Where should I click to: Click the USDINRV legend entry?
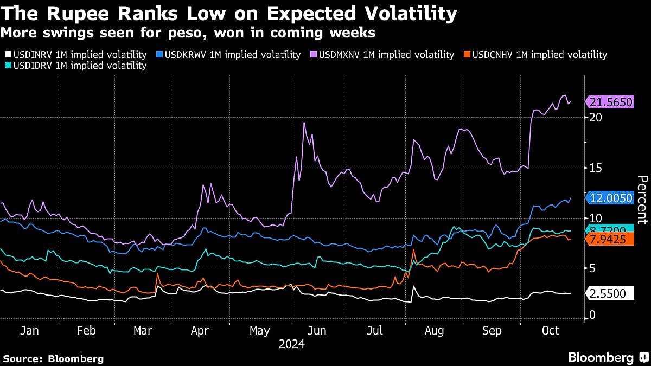tap(75, 55)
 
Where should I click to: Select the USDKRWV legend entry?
tap(229, 55)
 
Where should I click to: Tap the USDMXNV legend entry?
tap(382, 55)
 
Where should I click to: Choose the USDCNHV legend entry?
tap(535, 55)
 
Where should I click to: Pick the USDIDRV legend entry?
tap(75, 66)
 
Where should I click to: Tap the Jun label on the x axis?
tap(317, 331)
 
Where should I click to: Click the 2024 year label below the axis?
tap(291, 344)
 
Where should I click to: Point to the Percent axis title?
tap(642, 200)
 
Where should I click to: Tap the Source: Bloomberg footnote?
tap(53, 358)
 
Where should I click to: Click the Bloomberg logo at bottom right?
tap(607, 357)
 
